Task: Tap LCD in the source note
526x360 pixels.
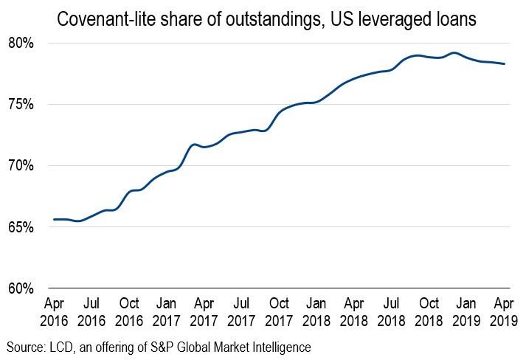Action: pos(62,346)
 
